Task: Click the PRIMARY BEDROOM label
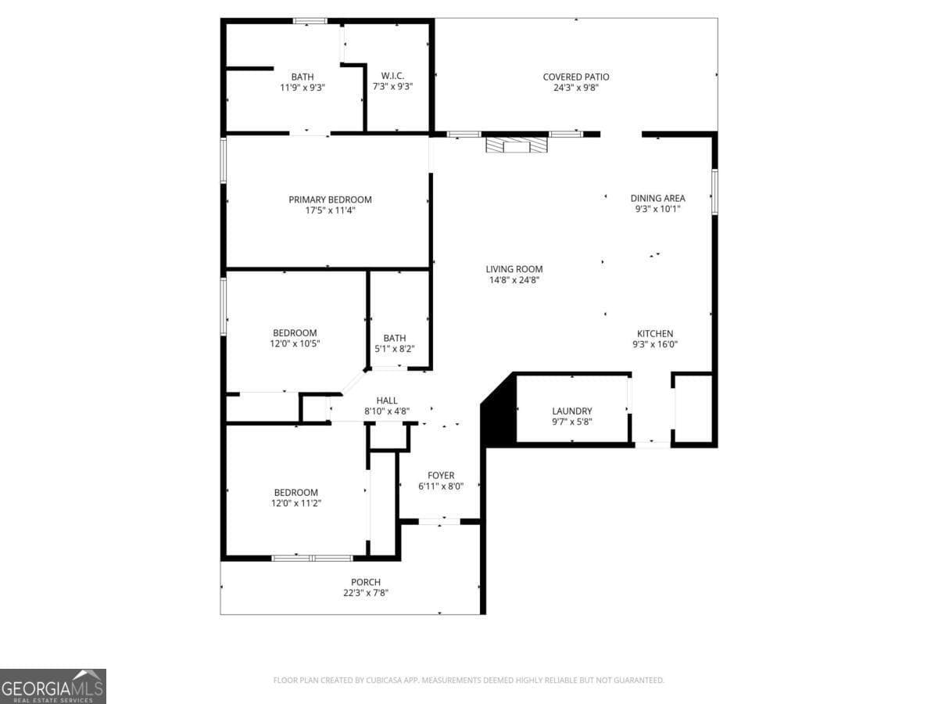click(x=330, y=199)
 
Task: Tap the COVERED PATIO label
click(x=576, y=77)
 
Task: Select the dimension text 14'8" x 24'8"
click(x=514, y=279)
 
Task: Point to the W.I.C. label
click(x=392, y=76)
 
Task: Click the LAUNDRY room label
click(x=571, y=411)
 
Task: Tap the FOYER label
click(x=441, y=476)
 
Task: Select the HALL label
click(x=387, y=400)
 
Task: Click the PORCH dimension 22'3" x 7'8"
click(x=366, y=593)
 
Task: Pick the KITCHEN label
click(x=654, y=333)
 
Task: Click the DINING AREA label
click(x=657, y=198)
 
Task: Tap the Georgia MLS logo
click(x=52, y=686)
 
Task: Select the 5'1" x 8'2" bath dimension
click(x=394, y=349)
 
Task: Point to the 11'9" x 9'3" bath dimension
click(x=303, y=88)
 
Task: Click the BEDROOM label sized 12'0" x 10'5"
click(x=295, y=332)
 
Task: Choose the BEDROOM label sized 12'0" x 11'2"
click(x=295, y=492)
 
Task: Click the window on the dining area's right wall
click(x=714, y=192)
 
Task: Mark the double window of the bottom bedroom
click(x=312, y=558)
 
